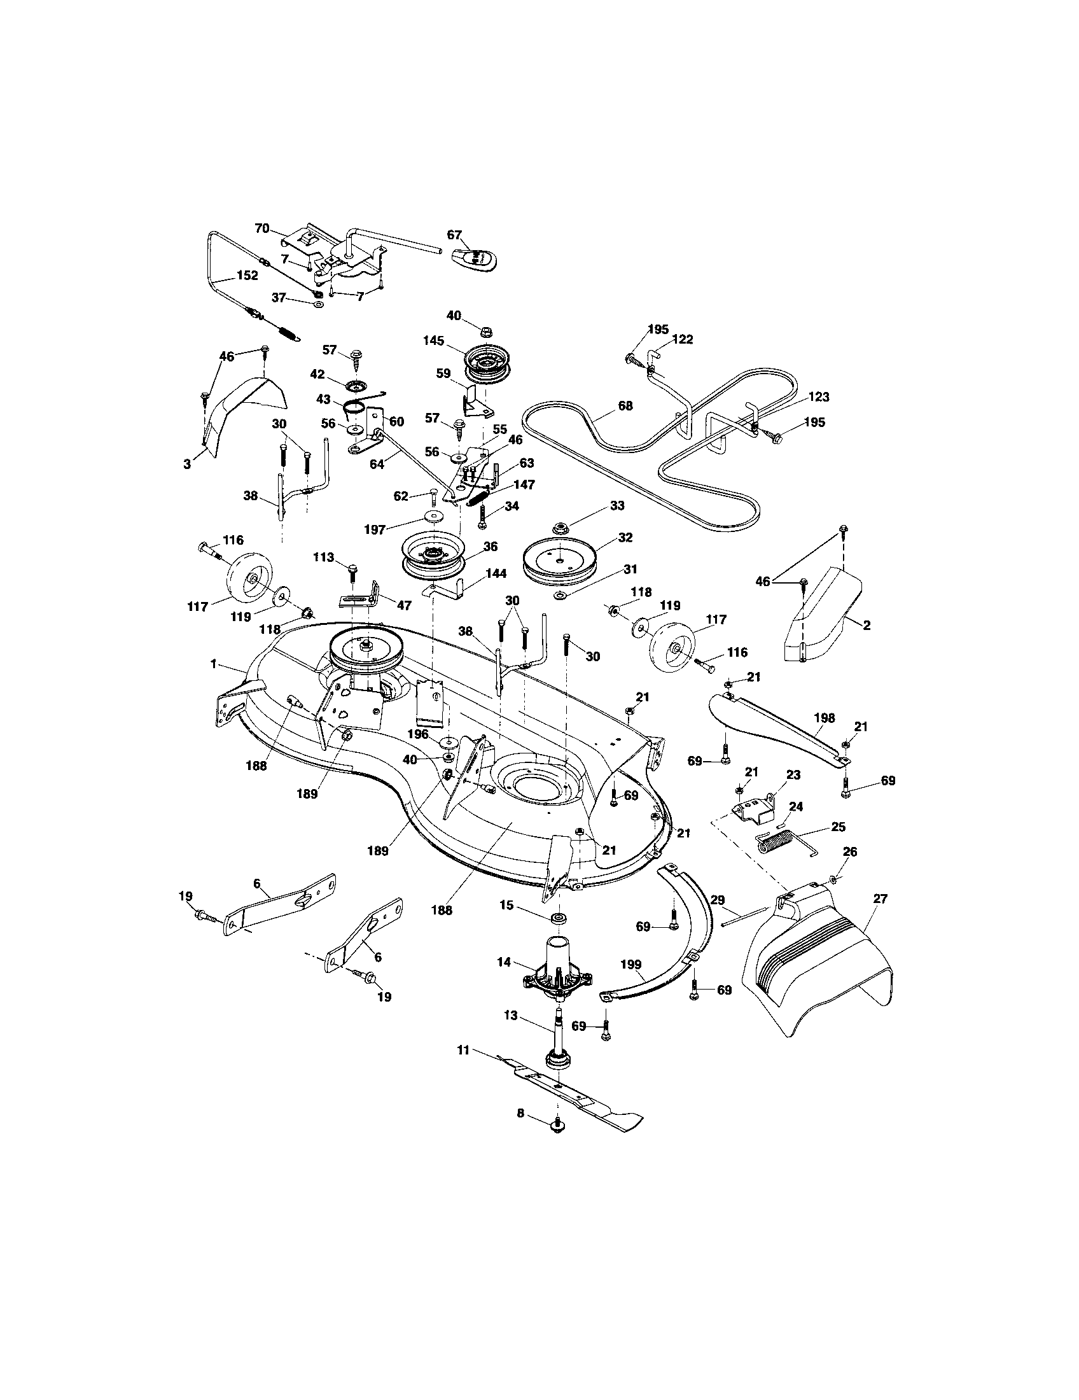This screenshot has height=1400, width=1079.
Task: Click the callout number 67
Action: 454,235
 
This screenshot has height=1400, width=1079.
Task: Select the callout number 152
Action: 247,276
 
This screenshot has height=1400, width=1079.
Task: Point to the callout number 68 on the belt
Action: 625,405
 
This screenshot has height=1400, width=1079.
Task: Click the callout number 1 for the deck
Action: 214,665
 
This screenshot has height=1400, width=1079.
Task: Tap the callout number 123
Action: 818,397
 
